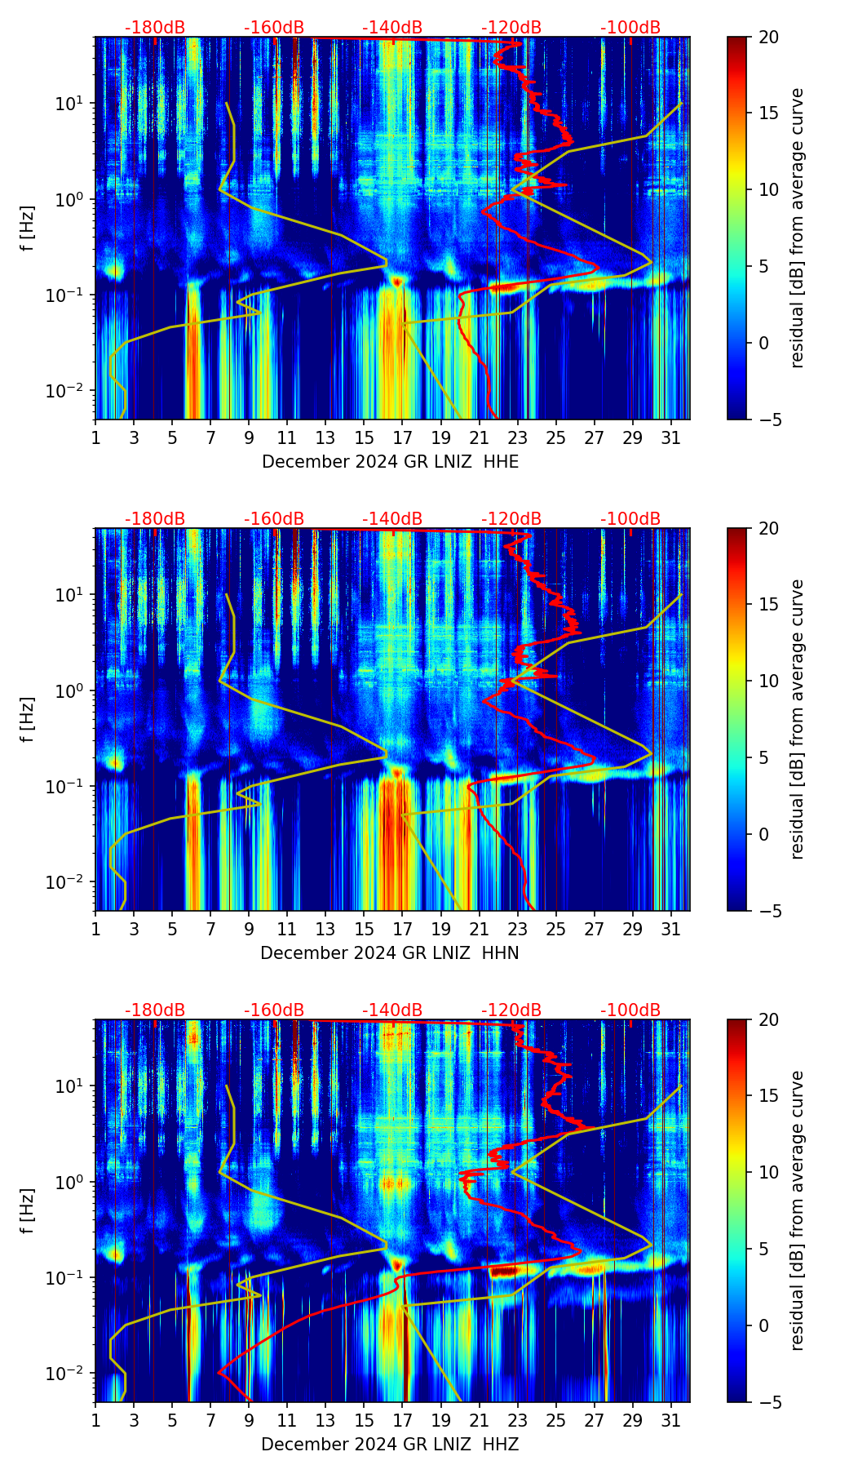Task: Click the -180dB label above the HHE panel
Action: click(155, 28)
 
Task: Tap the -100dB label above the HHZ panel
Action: click(630, 1010)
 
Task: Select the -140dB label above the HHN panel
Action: click(392, 519)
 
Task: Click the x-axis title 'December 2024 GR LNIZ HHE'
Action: click(390, 462)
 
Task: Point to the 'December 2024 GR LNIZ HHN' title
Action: click(390, 953)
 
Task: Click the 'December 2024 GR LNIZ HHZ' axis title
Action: click(390, 1445)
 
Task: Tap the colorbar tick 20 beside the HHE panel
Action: click(769, 37)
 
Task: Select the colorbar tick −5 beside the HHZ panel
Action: click(769, 1402)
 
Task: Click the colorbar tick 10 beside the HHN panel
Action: click(769, 681)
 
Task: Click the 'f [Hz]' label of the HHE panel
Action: click(28, 229)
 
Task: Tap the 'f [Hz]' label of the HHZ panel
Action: click(28, 1211)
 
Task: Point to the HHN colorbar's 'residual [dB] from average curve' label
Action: click(798, 719)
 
